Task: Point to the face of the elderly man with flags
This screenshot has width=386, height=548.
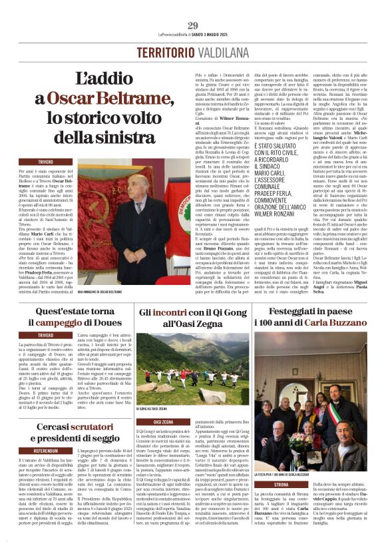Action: (x=142, y=190)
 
